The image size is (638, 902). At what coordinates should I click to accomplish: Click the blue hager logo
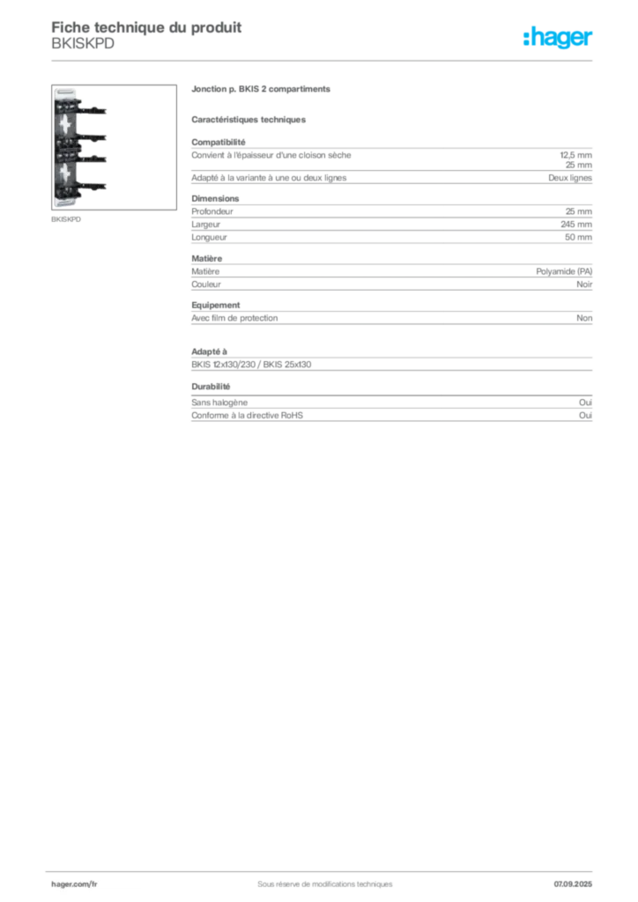click(x=559, y=39)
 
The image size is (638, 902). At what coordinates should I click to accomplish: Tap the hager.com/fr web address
click(x=74, y=884)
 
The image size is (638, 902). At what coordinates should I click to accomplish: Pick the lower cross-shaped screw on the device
click(x=67, y=171)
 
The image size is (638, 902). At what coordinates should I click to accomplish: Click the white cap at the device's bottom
click(x=67, y=203)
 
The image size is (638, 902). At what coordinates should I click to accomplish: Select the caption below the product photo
click(x=67, y=219)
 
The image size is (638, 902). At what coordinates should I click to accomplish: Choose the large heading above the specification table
click(x=261, y=91)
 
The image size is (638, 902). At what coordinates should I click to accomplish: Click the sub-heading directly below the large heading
click(x=250, y=119)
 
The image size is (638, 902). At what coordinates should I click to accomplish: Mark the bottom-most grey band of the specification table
click(x=391, y=412)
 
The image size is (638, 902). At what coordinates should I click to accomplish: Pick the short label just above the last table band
click(x=211, y=387)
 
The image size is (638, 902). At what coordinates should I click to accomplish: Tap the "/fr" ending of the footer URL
click(x=93, y=884)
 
